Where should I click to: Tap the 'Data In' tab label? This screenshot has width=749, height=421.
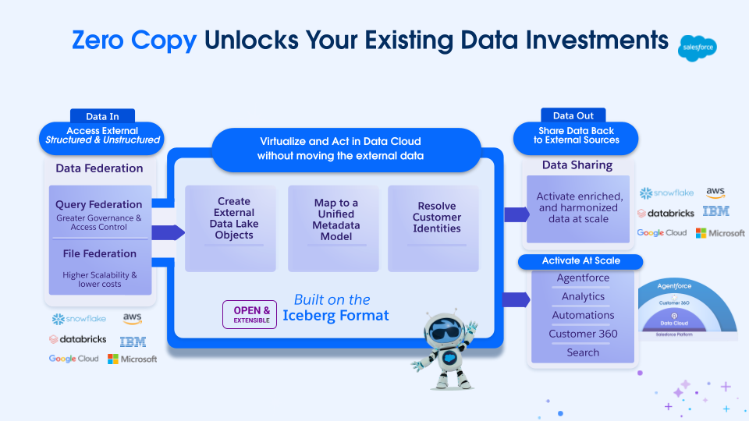[x=102, y=116]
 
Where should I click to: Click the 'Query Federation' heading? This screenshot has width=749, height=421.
[x=99, y=204]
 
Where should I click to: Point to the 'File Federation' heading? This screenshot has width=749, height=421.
[x=99, y=253]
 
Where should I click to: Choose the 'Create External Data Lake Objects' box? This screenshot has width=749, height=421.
[x=234, y=218]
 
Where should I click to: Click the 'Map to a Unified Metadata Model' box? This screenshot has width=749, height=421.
[x=335, y=219]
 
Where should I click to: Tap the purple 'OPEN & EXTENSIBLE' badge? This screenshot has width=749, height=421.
[x=250, y=315]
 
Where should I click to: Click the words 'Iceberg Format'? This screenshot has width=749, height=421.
[x=335, y=316]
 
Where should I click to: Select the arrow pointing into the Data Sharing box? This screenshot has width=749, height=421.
[x=516, y=214]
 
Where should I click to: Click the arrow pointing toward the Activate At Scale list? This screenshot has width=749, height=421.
[x=516, y=299]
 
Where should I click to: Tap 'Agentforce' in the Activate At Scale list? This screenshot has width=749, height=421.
[x=583, y=278]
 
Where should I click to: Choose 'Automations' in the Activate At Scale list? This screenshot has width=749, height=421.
[x=583, y=315]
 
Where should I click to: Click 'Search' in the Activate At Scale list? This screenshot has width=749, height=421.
[x=583, y=352]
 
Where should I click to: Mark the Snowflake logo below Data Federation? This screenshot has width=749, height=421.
[x=79, y=319]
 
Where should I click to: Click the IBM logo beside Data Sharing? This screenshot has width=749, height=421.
[x=715, y=211]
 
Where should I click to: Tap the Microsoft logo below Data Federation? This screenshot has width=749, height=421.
[x=133, y=359]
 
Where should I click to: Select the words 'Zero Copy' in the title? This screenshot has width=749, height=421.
[x=134, y=41]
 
